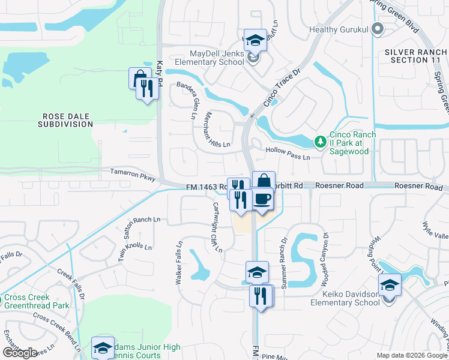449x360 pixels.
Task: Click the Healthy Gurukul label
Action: pyautogui.click(x=339, y=29)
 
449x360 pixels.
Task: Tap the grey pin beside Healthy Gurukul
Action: pyautogui.click(x=377, y=28)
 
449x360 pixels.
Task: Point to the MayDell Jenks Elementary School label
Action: pyautogui.click(x=209, y=58)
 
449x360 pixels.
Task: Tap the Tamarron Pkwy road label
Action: pyautogui.click(x=133, y=175)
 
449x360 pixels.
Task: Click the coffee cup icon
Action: pyautogui.click(x=262, y=199)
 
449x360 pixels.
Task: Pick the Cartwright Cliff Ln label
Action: pyautogui.click(x=217, y=227)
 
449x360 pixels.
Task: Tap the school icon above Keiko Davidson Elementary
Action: pyautogui.click(x=390, y=284)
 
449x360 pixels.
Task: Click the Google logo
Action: pyautogui.click(x=20, y=352)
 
